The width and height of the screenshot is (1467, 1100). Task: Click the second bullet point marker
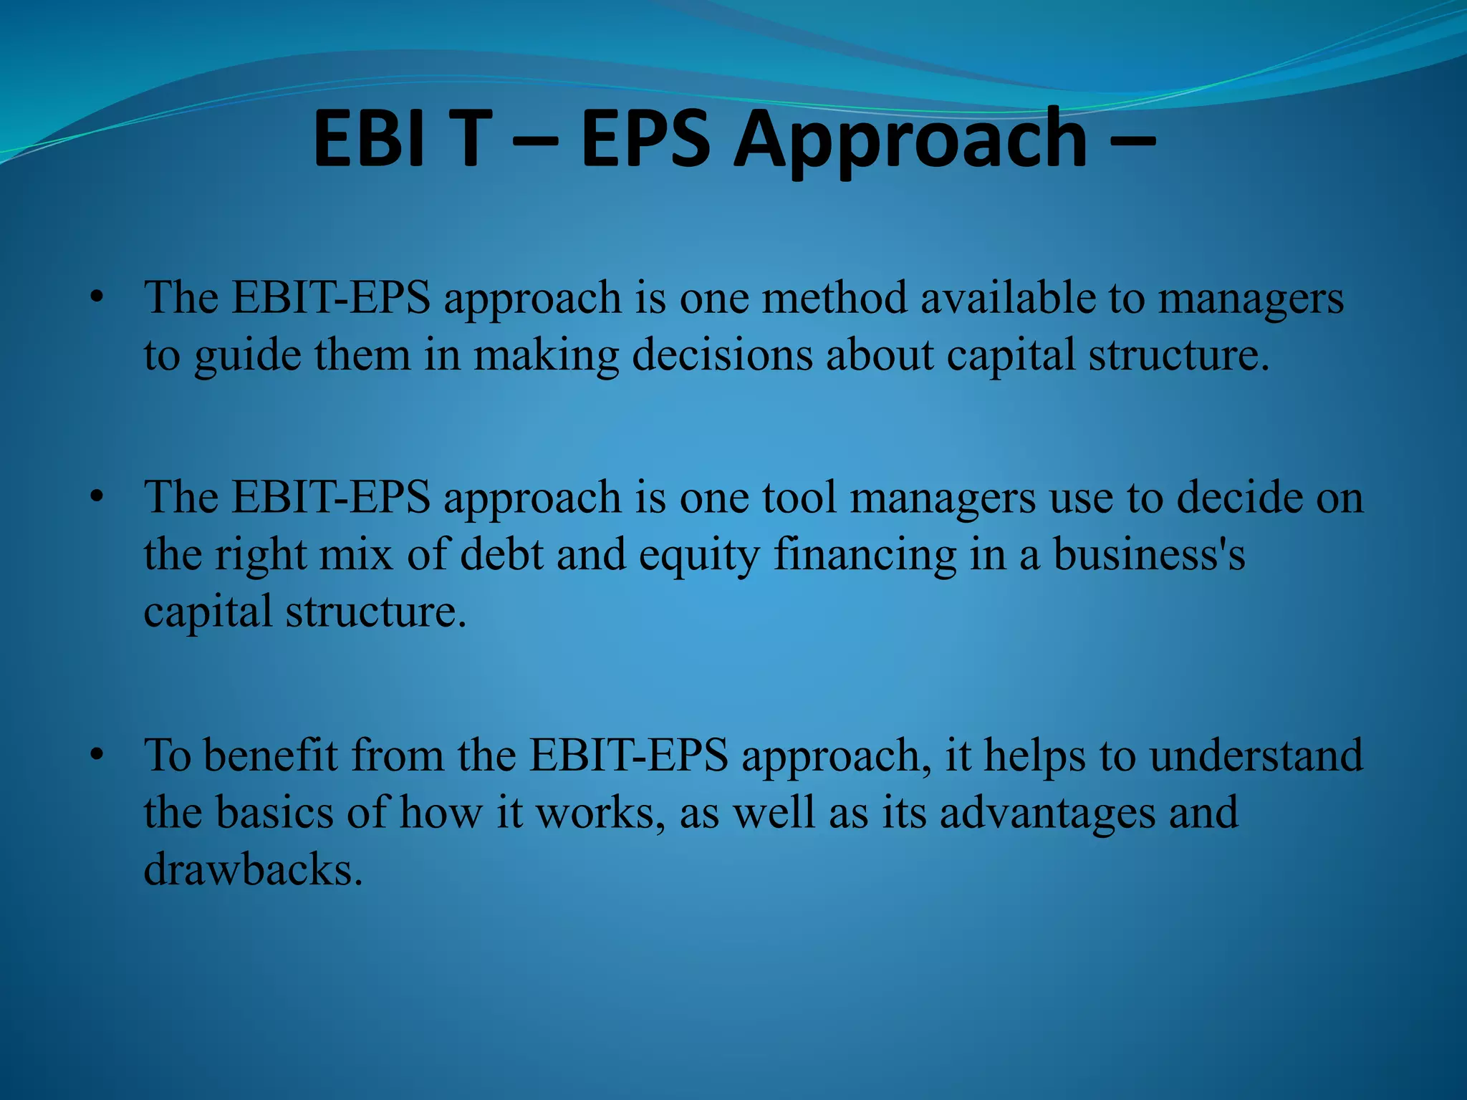coord(97,497)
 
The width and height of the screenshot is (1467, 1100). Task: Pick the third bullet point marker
coord(97,755)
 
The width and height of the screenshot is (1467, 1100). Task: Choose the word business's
coord(1149,555)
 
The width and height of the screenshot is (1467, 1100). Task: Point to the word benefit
coord(271,755)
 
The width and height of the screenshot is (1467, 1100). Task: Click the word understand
coord(1256,755)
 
